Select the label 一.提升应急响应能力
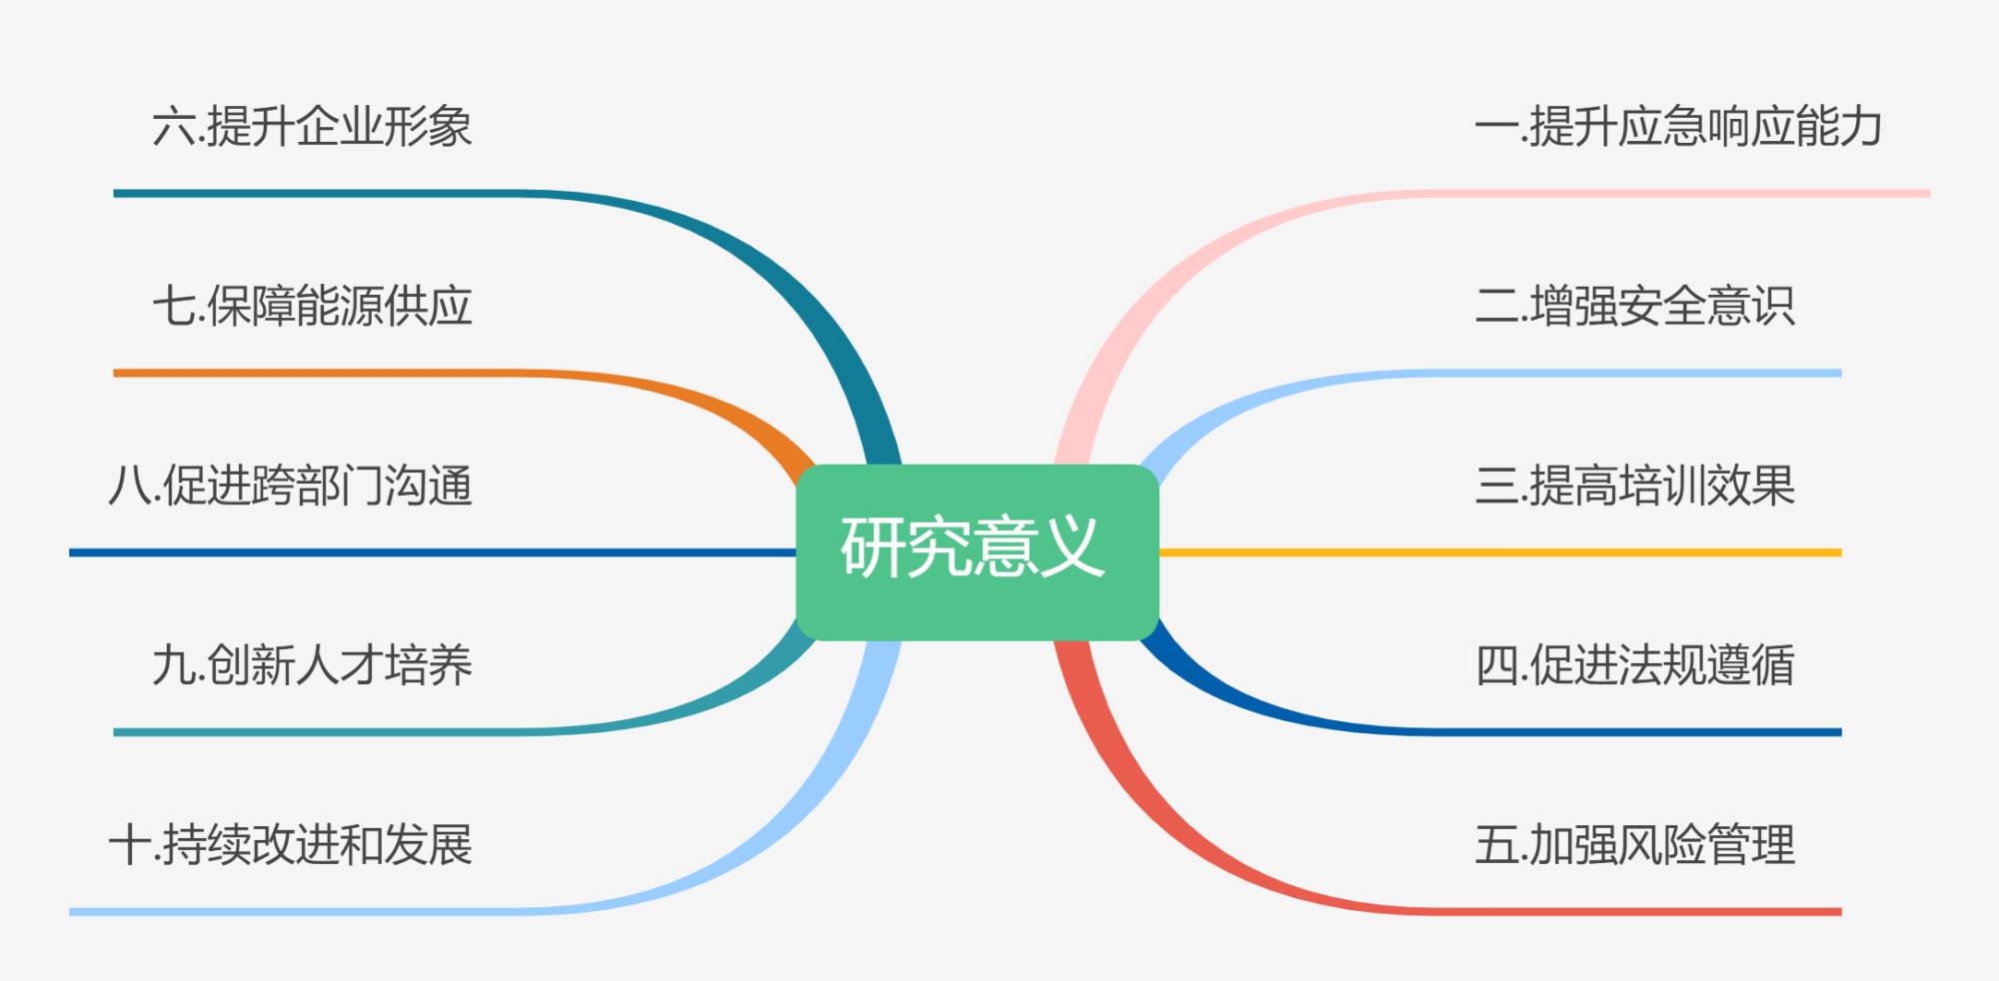click(x=1678, y=127)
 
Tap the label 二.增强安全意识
click(x=1634, y=306)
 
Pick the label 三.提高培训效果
click(x=1634, y=486)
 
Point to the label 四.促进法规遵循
click(x=1634, y=665)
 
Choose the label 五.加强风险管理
click(x=1634, y=845)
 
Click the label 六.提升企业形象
click(x=312, y=127)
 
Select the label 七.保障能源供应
click(x=312, y=306)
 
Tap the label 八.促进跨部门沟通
click(x=290, y=486)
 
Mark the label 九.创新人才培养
click(x=312, y=665)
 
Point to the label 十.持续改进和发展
click(x=290, y=845)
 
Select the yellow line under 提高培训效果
click(x=1499, y=552)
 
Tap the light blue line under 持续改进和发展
click(x=300, y=911)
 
